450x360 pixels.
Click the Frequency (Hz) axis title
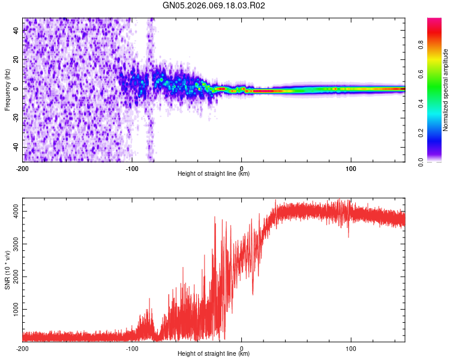(7, 89)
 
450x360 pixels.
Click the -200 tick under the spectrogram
(23, 168)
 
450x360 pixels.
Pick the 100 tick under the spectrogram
(351, 168)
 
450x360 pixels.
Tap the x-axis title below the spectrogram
(214, 174)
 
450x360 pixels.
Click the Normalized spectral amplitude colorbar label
(446, 90)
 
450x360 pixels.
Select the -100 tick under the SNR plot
(132, 349)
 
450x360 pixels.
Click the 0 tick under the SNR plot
(242, 349)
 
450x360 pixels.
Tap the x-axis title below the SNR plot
(214, 355)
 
